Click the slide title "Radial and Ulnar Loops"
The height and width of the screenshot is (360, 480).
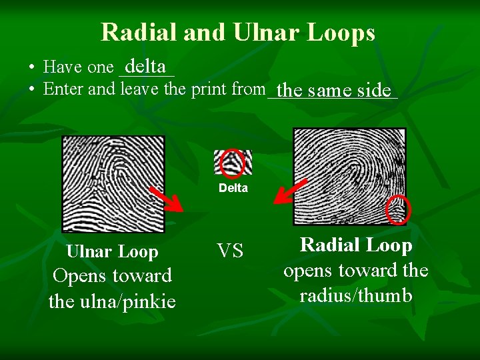[x=238, y=32]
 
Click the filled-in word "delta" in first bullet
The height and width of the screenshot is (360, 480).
[x=145, y=67]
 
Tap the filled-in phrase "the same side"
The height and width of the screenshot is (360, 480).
[x=333, y=89]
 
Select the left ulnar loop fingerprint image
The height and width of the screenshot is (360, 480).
[x=113, y=183]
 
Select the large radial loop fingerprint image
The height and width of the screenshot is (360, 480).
[x=349, y=176]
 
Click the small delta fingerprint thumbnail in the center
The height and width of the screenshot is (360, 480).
[x=233, y=162]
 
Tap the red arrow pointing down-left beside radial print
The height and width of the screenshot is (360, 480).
[x=291, y=191]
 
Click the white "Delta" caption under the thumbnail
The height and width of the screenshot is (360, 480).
[x=233, y=188]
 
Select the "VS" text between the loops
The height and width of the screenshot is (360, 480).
[x=230, y=251]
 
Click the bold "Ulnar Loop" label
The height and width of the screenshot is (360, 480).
[x=112, y=252]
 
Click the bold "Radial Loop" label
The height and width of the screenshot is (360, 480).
[x=356, y=245]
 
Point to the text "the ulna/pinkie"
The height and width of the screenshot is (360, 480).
[x=112, y=302]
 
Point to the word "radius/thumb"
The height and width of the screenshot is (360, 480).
[x=356, y=295]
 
